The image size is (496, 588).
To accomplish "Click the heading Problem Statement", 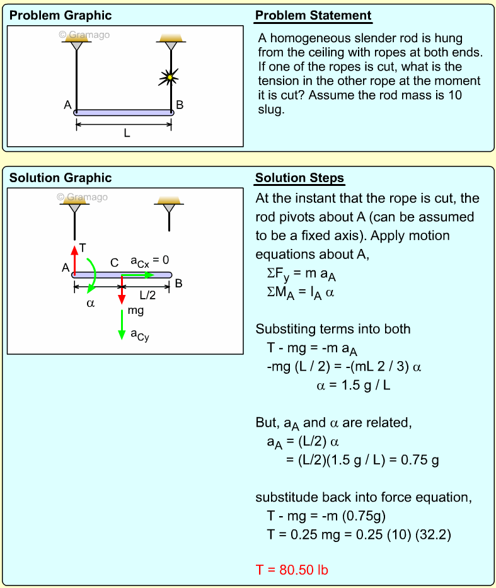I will pyautogui.click(x=313, y=16).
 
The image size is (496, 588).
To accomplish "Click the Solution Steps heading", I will pyautogui.click(x=299, y=178).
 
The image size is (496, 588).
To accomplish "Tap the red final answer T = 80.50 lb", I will pyautogui.click(x=292, y=570).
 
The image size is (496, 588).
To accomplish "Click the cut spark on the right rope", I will pyautogui.click(x=169, y=78).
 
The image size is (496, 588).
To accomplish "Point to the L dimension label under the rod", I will pyautogui.click(x=126, y=134).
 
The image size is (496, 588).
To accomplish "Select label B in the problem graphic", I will pyautogui.click(x=180, y=105).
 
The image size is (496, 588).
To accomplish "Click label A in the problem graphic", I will pyautogui.click(x=67, y=105).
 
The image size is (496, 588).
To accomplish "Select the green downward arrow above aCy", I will pyautogui.click(x=122, y=325).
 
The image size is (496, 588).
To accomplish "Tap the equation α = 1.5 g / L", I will pyautogui.click(x=353, y=384).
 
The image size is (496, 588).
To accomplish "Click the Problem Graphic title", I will pyautogui.click(x=61, y=16).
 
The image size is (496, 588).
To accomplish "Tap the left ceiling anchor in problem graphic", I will pyautogui.click(x=76, y=43).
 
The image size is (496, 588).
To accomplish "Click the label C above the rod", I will pyautogui.click(x=114, y=263).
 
